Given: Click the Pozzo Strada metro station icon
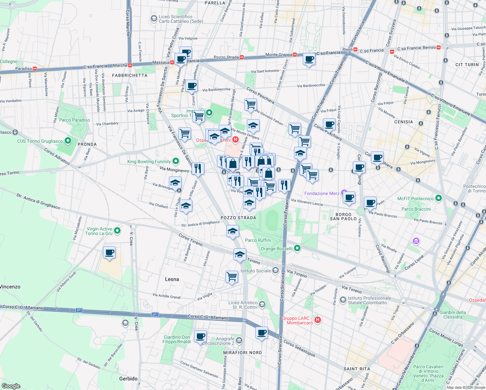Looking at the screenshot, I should (x=241, y=57).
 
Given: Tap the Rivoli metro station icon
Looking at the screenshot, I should (x=355, y=50).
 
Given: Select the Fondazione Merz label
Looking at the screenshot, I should (x=322, y=193).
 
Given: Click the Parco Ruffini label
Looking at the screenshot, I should (x=258, y=240).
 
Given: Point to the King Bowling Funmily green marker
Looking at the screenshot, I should (x=176, y=161).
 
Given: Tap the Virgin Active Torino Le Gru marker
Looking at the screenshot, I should (x=117, y=231).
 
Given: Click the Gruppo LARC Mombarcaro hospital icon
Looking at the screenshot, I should (x=318, y=320).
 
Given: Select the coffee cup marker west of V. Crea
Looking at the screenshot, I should (x=109, y=252).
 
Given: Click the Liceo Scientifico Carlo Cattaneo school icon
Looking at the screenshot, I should (x=154, y=19).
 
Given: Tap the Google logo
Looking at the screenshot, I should (x=11, y=386).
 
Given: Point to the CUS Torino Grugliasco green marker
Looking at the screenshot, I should (x=68, y=141).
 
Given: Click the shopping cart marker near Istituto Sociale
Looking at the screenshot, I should (x=232, y=277).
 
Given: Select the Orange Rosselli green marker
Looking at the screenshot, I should (x=297, y=248).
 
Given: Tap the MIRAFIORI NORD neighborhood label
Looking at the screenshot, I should (x=242, y=353).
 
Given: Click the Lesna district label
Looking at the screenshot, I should (x=172, y=279).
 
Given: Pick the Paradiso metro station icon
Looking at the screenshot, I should (x=34, y=69).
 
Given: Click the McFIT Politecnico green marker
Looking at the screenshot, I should (x=439, y=198).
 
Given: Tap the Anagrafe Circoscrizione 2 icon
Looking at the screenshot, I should (x=239, y=340).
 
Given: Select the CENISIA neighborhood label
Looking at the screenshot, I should (x=403, y=122).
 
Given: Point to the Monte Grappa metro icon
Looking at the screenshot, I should (x=295, y=55).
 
